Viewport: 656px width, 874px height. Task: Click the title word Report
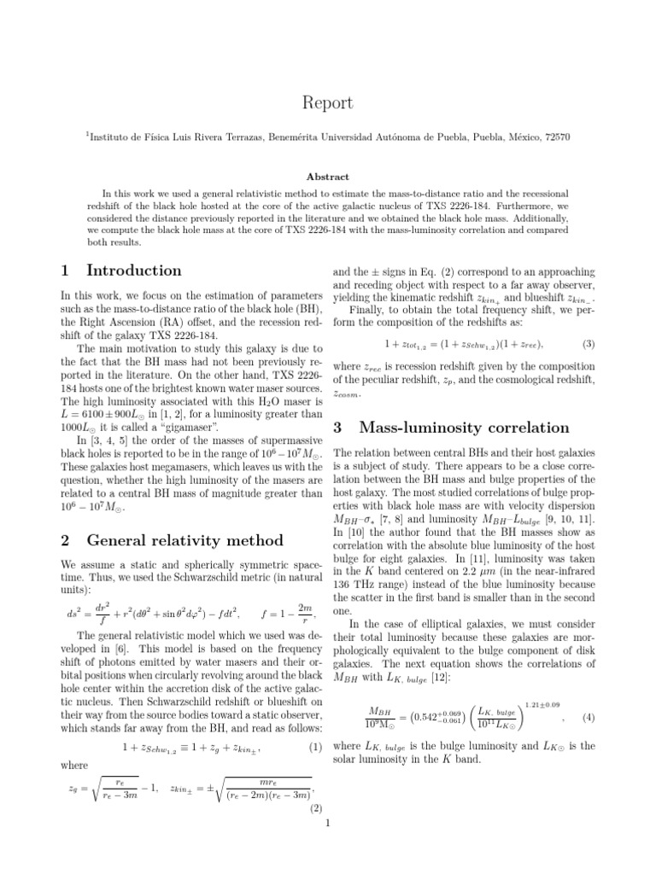point(327,102)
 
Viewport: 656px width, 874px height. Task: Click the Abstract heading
point(327,177)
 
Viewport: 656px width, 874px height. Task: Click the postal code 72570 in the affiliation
point(555,136)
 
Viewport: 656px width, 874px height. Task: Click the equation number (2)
point(313,807)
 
